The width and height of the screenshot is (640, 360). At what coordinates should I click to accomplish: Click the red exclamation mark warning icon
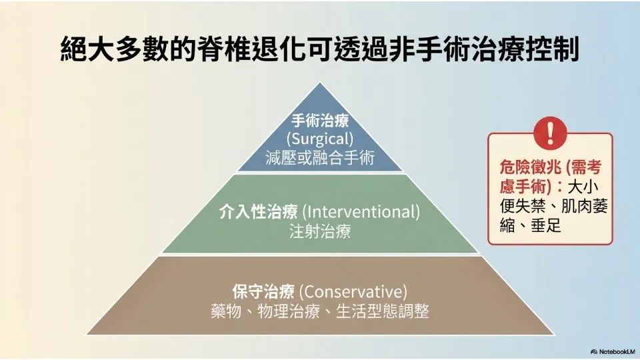pyautogui.click(x=550, y=133)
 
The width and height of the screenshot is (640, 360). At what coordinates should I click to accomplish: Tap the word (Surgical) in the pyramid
pyautogui.click(x=320, y=139)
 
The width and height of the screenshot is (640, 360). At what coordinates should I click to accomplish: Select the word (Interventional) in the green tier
pyautogui.click(x=361, y=212)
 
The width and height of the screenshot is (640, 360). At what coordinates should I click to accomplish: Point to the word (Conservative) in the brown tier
pyautogui.click(x=353, y=292)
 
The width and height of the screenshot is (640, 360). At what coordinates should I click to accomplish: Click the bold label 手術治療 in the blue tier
pyautogui.click(x=320, y=121)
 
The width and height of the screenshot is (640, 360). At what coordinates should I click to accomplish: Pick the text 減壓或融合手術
pyautogui.click(x=320, y=157)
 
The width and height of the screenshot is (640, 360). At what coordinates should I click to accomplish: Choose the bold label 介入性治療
pyautogui.click(x=259, y=212)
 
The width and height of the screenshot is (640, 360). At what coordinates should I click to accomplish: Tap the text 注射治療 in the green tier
pyautogui.click(x=320, y=231)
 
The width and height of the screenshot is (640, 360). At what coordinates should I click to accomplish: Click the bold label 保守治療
pyautogui.click(x=264, y=292)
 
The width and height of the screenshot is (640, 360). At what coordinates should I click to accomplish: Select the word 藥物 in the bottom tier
pyautogui.click(x=226, y=311)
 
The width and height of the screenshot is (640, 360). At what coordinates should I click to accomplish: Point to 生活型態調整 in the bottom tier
pyautogui.click(x=383, y=311)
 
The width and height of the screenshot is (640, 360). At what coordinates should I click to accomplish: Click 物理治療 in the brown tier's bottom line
pyautogui.click(x=289, y=311)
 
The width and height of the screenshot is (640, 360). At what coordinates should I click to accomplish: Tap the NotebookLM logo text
pyautogui.click(x=617, y=351)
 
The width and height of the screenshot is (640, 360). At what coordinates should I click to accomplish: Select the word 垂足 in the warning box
pyautogui.click(x=546, y=225)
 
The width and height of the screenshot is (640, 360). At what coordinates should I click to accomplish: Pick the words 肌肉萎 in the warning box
pyautogui.click(x=585, y=206)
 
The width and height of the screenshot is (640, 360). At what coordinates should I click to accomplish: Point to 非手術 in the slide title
pyautogui.click(x=430, y=49)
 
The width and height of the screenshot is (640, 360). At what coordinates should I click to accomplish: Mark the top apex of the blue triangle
pyautogui.click(x=320, y=83)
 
